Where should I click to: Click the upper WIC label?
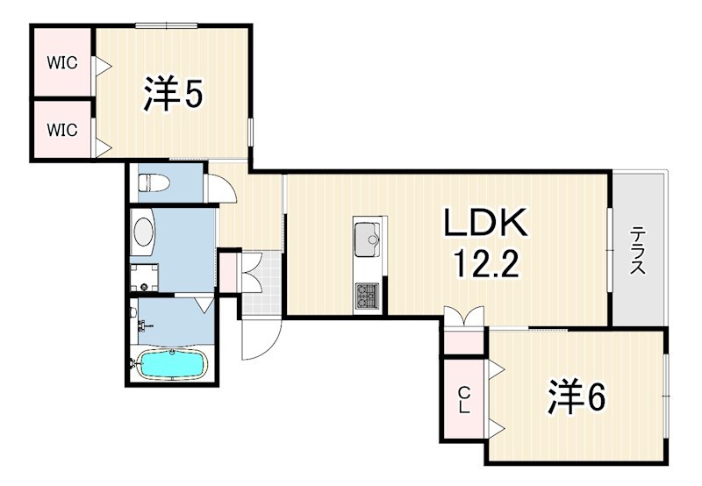click(62, 63)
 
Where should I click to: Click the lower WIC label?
click(62, 130)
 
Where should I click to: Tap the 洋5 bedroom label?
click(173, 94)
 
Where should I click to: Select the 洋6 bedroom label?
click(577, 397)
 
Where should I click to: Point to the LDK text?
click(486, 223)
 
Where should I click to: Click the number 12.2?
click(487, 263)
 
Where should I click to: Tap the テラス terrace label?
click(638, 251)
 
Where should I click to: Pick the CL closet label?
click(465, 401)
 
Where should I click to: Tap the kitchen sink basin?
click(367, 239)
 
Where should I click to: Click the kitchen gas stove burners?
click(367, 296)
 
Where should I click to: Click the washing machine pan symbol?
click(144, 277)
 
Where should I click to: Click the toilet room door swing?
click(220, 188)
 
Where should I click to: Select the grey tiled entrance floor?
click(261, 283)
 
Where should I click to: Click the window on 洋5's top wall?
click(166, 25)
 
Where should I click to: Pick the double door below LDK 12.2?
click(464, 317)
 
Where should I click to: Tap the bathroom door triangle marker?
click(205, 304)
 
